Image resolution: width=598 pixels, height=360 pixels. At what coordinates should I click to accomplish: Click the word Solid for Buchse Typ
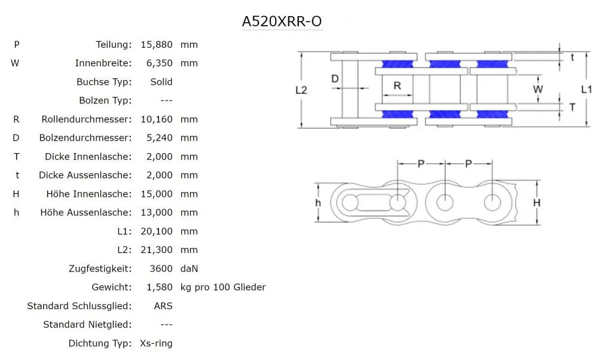pos(161,81)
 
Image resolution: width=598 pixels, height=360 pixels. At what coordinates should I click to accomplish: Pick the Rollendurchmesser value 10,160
pos(157,119)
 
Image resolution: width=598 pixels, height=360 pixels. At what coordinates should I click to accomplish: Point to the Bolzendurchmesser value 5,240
pos(160,138)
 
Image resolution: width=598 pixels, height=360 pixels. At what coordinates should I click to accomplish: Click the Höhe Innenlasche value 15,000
pos(157,194)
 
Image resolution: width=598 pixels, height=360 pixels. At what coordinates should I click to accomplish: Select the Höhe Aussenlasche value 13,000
pos(157,212)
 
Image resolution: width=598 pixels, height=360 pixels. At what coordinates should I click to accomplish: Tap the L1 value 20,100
pos(157,231)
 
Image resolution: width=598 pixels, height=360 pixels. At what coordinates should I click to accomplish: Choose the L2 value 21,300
pos(157,249)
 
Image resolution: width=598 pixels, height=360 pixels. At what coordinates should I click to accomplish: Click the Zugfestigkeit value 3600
pos(161,269)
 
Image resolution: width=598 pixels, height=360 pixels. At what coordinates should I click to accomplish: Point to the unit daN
pos(189,269)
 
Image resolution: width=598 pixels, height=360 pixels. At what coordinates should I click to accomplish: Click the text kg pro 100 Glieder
pos(223,287)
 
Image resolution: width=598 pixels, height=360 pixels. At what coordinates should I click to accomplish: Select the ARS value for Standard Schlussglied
pos(163,306)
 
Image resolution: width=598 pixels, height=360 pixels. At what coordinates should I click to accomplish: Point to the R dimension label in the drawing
pos(397,86)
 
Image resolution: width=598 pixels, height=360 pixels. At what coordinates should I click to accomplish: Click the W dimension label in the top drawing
pos(538,90)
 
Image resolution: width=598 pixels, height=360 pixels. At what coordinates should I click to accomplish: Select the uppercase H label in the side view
pos(537,203)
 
